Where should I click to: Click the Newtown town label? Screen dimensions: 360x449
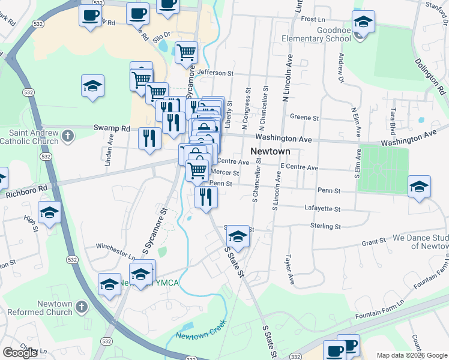(x=270, y=151)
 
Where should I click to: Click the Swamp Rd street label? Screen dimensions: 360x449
(x=112, y=128)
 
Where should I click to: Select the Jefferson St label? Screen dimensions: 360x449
(x=215, y=73)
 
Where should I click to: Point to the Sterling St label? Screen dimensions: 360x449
(x=327, y=226)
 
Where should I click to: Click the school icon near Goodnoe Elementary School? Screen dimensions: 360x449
(x=363, y=23)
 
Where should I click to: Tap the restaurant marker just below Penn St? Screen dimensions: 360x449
(x=206, y=196)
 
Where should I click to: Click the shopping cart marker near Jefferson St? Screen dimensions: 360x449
(x=186, y=52)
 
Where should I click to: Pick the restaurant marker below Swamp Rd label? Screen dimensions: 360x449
(x=148, y=138)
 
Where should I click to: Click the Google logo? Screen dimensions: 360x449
(x=20, y=353)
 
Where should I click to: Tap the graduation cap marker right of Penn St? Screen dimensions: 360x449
(x=419, y=187)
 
